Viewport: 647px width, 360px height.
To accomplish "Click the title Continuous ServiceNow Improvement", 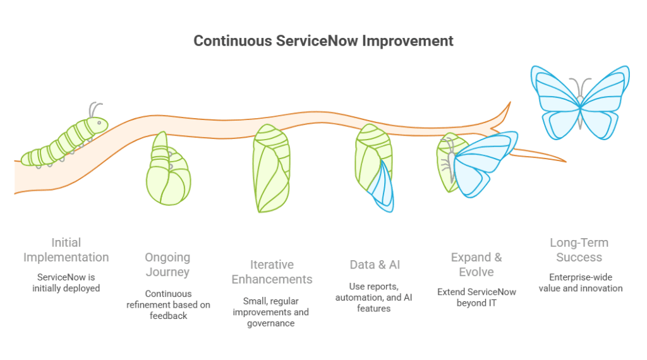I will pos(323,42).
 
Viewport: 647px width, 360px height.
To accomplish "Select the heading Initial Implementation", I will pos(66,250).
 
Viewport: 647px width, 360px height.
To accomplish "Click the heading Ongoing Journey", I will pos(167,265).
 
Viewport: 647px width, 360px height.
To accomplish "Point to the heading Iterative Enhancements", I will pos(272,272).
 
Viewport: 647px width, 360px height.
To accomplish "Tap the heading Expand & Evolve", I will pos(476,265).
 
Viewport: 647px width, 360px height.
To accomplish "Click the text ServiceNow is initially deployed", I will pos(66,283).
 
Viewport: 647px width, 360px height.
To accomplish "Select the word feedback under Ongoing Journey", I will pos(168,315).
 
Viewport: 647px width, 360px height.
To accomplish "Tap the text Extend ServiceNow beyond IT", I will pos(476,297).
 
